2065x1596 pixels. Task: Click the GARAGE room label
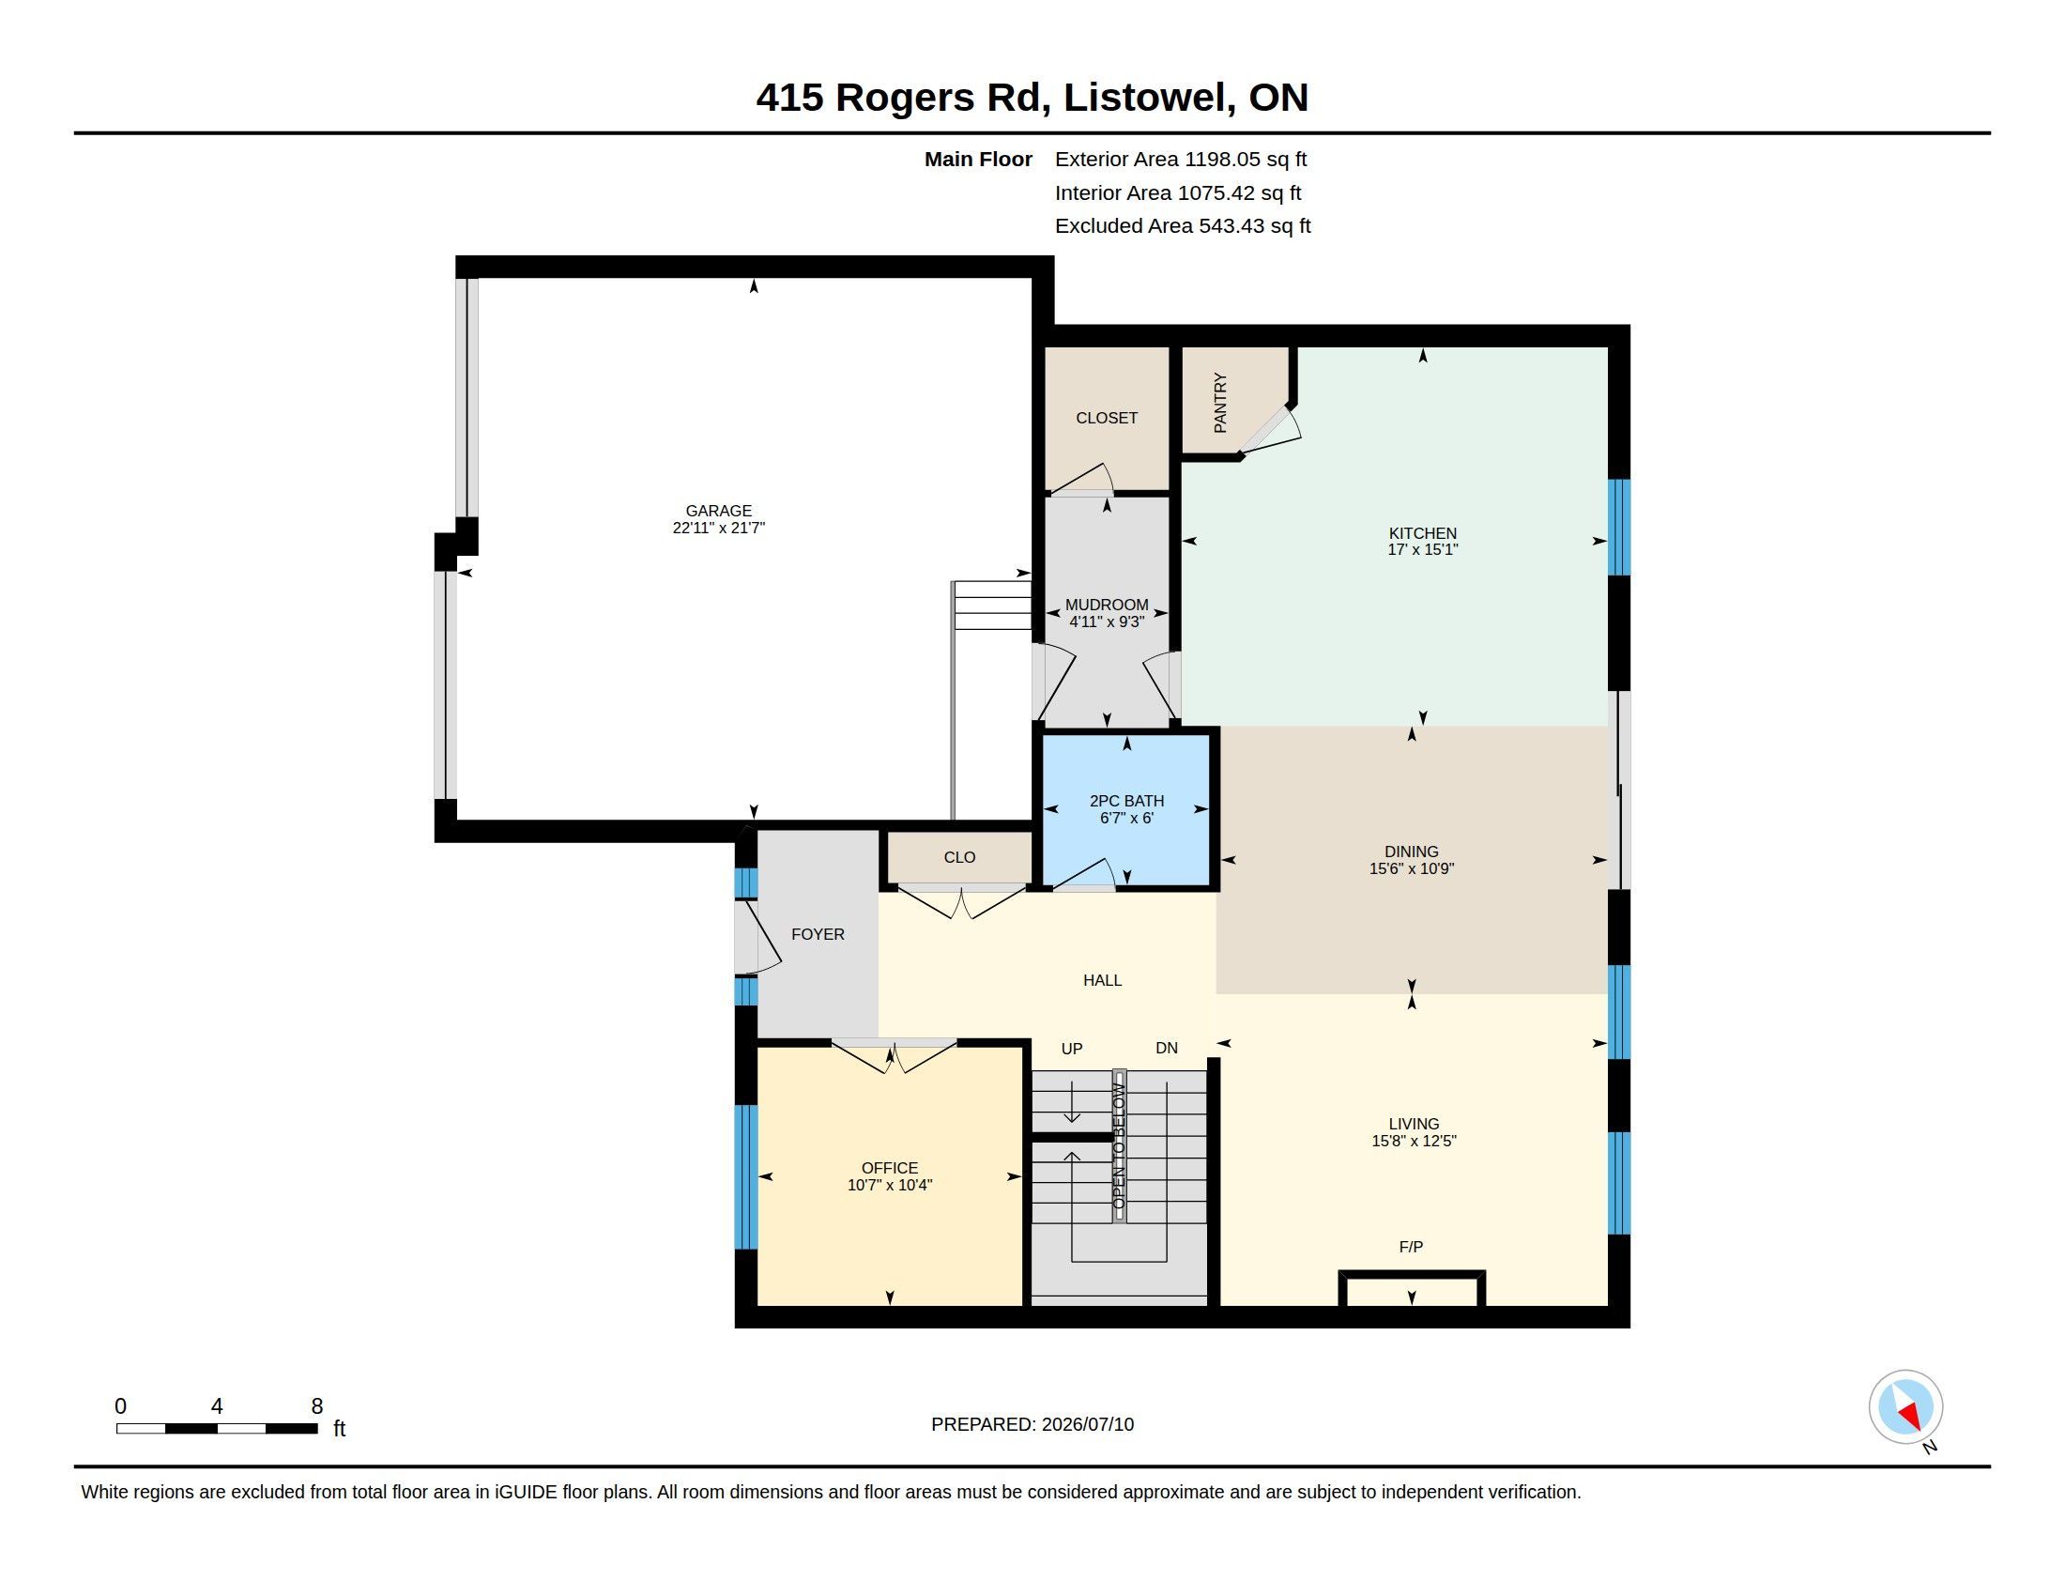point(719,511)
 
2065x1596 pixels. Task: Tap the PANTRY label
point(1219,403)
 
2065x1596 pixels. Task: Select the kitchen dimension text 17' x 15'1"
point(1422,549)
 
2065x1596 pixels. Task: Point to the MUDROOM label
point(1107,606)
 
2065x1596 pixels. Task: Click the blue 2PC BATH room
point(1126,809)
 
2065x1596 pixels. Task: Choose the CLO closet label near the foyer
point(958,857)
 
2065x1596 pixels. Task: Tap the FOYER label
point(818,934)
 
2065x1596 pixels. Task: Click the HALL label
point(1103,980)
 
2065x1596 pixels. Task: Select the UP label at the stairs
point(1071,1049)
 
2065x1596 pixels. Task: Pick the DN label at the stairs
point(1167,1049)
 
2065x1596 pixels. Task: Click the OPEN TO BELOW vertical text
point(1120,1146)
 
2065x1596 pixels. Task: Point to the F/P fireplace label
point(1411,1247)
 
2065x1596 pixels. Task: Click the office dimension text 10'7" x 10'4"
point(890,1185)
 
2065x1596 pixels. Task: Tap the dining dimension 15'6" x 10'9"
point(1412,869)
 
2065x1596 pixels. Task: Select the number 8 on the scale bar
point(316,1407)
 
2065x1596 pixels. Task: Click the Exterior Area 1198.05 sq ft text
point(1181,160)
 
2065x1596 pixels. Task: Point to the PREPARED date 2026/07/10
point(1087,1425)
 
